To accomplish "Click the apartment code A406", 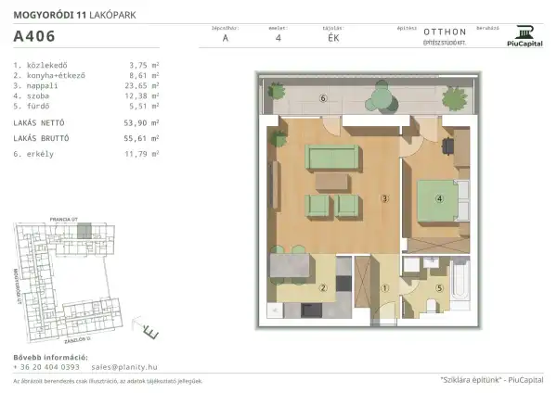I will [x=33, y=38].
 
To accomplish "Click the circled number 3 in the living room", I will [x=383, y=197].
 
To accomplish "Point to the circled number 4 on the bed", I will [x=441, y=197].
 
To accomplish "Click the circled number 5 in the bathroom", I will [x=439, y=286].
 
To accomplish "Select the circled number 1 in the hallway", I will [x=383, y=287].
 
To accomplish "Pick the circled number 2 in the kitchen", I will [x=322, y=287].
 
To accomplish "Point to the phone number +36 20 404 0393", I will [x=46, y=366].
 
